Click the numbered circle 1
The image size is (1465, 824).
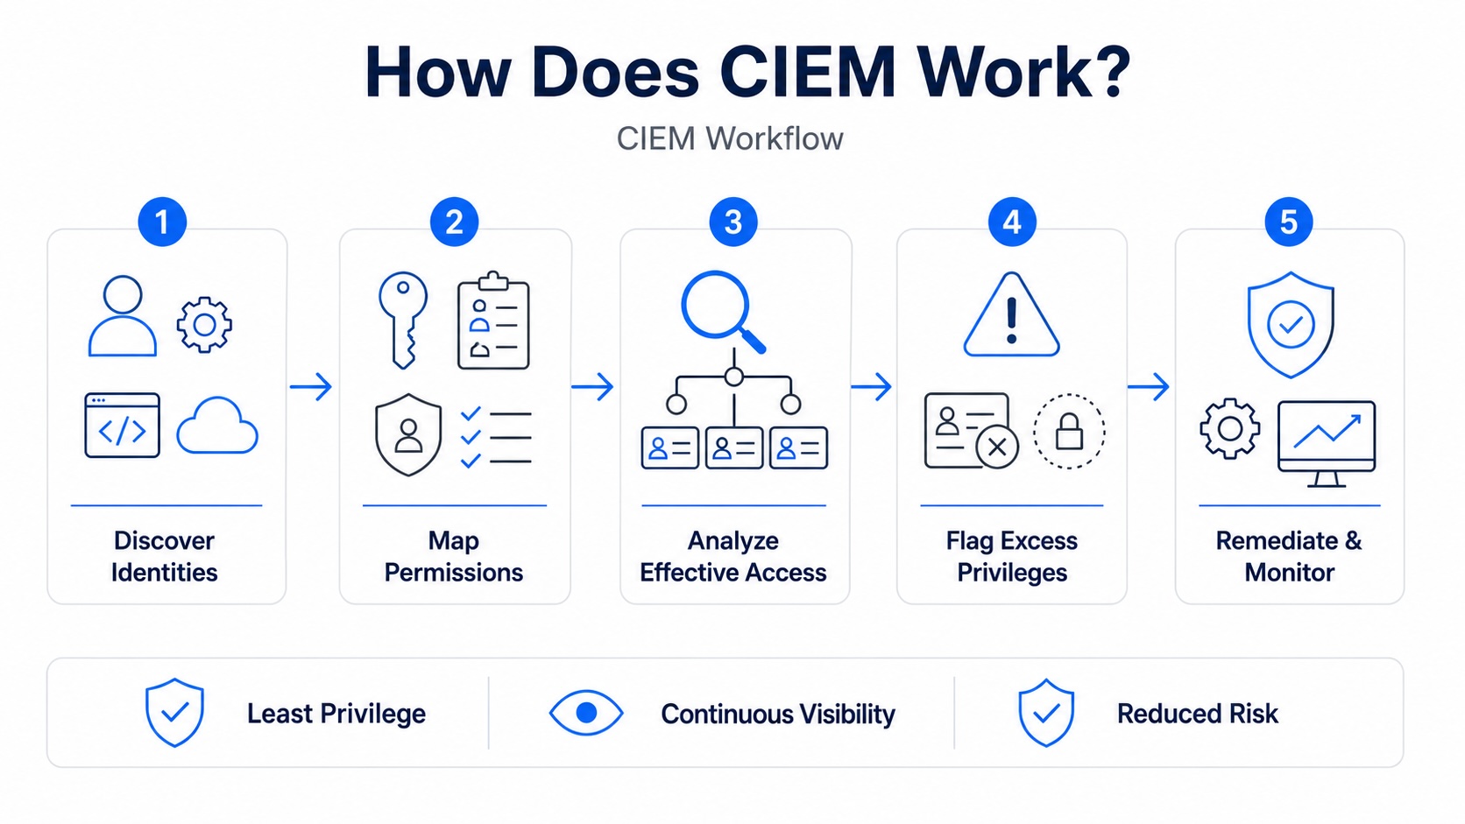(x=162, y=222)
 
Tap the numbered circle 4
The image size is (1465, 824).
(x=1012, y=222)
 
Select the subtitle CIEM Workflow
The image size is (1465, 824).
(x=730, y=138)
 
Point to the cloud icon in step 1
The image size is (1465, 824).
(x=217, y=426)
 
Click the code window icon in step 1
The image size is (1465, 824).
(x=123, y=426)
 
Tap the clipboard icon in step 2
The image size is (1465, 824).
(x=494, y=320)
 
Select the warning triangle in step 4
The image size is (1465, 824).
(x=1012, y=315)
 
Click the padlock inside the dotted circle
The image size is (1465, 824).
(x=1069, y=432)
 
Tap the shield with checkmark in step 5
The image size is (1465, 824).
(x=1291, y=324)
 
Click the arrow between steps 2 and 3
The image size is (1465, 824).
(x=592, y=387)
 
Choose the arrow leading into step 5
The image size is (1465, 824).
(x=1149, y=387)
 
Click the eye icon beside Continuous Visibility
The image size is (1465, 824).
(x=586, y=713)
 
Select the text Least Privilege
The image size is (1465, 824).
(x=336, y=714)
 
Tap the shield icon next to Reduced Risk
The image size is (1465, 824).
(x=1046, y=713)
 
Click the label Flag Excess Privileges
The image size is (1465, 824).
(x=1012, y=557)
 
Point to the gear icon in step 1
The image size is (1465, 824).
(x=204, y=325)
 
